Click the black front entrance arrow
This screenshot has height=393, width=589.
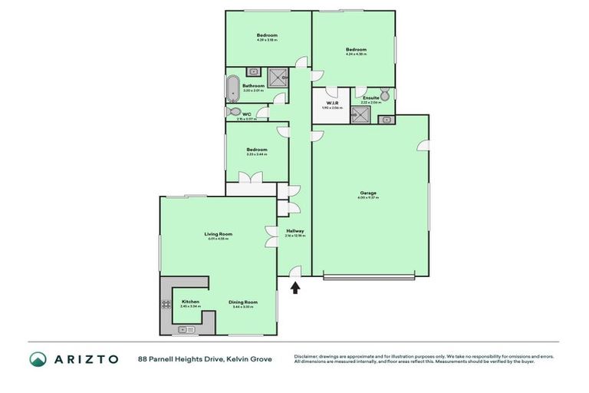pyautogui.click(x=295, y=288)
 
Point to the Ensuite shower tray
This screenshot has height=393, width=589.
pyautogui.click(x=360, y=114)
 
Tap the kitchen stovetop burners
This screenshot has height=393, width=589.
pyautogui.click(x=166, y=305)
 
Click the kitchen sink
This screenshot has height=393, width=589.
pyautogui.click(x=184, y=329)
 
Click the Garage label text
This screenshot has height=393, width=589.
pyautogui.click(x=367, y=193)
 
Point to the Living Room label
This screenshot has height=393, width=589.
pyautogui.click(x=218, y=234)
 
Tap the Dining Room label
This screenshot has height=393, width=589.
pyautogui.click(x=242, y=302)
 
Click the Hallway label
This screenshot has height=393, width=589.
pyautogui.click(x=295, y=231)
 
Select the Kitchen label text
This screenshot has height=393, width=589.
pyautogui.click(x=190, y=302)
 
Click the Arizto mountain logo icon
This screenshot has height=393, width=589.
pyautogui.click(x=38, y=359)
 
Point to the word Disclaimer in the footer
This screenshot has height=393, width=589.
pyautogui.click(x=308, y=356)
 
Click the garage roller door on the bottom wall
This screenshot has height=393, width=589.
pyautogui.click(x=369, y=276)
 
